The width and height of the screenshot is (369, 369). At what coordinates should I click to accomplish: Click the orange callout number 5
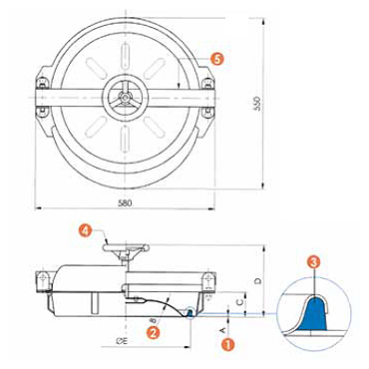[x=216, y=60]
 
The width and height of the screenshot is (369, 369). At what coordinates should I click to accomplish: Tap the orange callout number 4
[x=86, y=230]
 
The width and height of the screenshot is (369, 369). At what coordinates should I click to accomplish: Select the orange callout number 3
[x=314, y=262]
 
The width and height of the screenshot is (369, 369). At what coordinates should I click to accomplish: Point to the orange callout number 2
[x=154, y=332]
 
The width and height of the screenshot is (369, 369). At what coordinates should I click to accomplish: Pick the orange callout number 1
[x=227, y=344]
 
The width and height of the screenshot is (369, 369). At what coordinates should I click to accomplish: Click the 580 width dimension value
[x=125, y=203]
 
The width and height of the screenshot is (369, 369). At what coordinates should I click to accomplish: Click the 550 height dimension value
[x=261, y=104]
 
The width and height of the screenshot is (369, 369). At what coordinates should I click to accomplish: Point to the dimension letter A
[x=223, y=330]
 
